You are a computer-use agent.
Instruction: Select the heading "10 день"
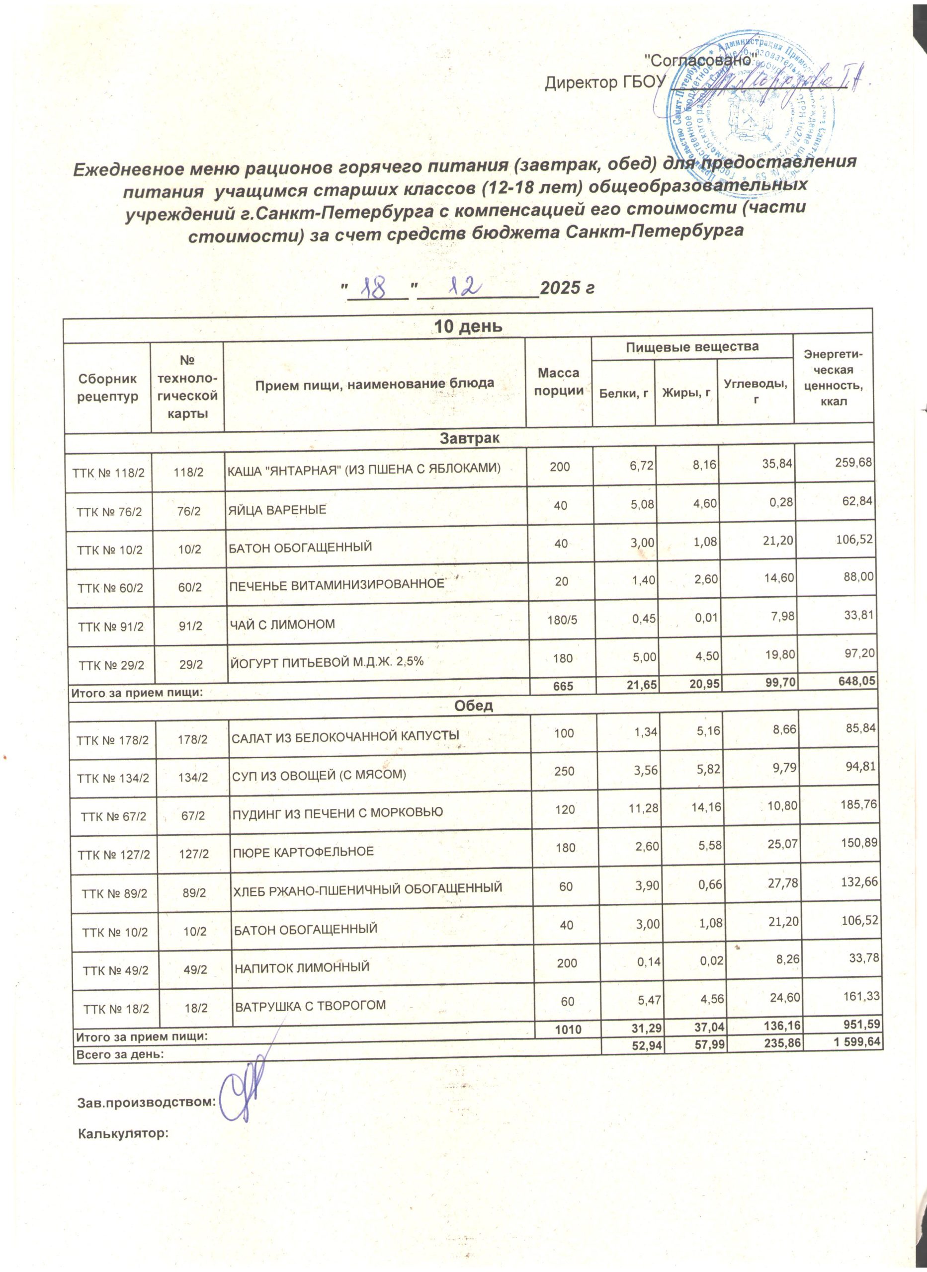click(x=469, y=326)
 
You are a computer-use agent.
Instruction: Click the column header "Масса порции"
click(x=558, y=382)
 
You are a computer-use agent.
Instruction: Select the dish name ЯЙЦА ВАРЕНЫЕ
click(x=277, y=510)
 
